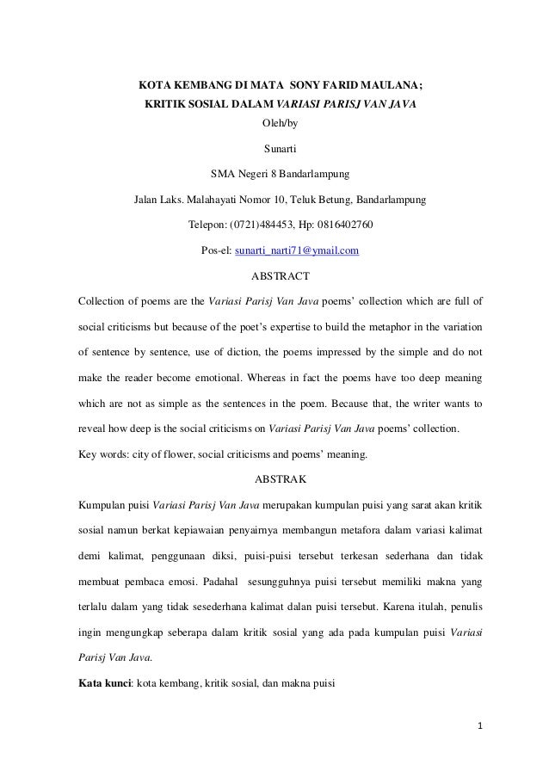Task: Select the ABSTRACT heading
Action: pos(274,277)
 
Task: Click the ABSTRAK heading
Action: pos(274,477)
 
